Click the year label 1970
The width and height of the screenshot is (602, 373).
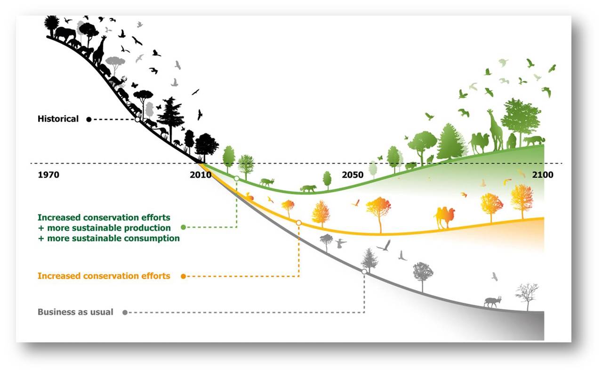(48, 175)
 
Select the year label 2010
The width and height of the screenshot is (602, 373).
(201, 175)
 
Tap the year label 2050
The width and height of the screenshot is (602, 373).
(353, 175)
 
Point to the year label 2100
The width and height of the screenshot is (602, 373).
(543, 175)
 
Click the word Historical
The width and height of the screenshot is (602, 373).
(58, 119)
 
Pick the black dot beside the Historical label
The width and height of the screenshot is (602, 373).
(89, 119)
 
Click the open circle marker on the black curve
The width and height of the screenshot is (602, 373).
(137, 119)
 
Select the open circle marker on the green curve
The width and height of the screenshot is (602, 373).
(236, 179)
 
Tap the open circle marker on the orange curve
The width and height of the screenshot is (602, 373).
(298, 223)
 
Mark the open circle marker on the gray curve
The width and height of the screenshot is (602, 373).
(364, 272)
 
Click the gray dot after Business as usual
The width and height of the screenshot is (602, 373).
(125, 312)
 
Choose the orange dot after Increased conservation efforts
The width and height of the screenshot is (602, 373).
(184, 276)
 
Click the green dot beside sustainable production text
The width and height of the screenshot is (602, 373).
(184, 227)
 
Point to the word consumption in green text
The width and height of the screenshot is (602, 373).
(152, 239)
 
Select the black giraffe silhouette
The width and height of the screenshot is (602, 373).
(99, 51)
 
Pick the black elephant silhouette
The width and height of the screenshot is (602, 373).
(65, 35)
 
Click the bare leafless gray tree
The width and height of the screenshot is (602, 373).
(527, 297)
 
